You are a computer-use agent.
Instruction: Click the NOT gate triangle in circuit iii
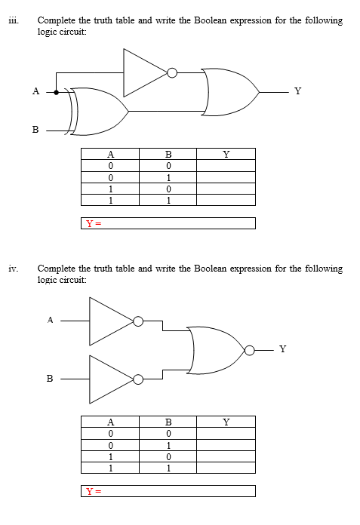point(145,73)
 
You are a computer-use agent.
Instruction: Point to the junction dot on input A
point(56,92)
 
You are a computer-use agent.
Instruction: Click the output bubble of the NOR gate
point(249,349)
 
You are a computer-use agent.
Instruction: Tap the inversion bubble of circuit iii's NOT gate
point(173,73)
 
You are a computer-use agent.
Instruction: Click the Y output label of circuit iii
point(297,91)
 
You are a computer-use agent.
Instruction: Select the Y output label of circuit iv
point(282,348)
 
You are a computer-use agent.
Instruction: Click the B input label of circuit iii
point(35,130)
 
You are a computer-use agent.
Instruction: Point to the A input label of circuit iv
point(50,319)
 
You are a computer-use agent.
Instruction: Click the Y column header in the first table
point(226,154)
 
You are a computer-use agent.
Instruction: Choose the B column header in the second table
point(168,422)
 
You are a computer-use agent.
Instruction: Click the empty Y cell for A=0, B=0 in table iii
point(226,165)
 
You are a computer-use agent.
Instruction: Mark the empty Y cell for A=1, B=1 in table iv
point(226,468)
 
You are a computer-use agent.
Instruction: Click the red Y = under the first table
point(92,223)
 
